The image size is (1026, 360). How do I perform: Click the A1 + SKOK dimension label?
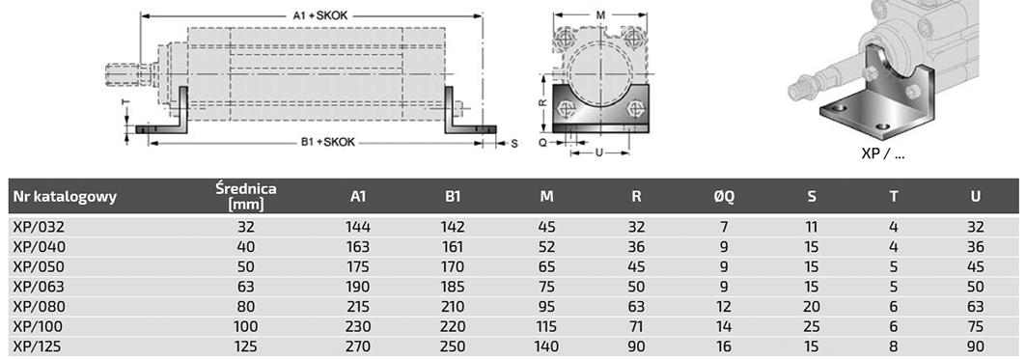pos(320,16)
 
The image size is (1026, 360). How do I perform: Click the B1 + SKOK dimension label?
pos(328,142)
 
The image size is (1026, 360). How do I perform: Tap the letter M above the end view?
pos(600,15)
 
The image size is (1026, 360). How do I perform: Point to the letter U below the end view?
pos(598,152)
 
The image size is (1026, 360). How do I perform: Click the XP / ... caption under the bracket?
pos(883,154)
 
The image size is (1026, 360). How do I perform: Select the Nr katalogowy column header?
pos(65,196)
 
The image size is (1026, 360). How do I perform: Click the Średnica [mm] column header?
pos(246,196)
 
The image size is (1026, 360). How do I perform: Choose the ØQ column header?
pos(724,196)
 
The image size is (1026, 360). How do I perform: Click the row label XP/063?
pos(40,287)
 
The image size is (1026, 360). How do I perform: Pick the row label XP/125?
pos(39,346)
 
